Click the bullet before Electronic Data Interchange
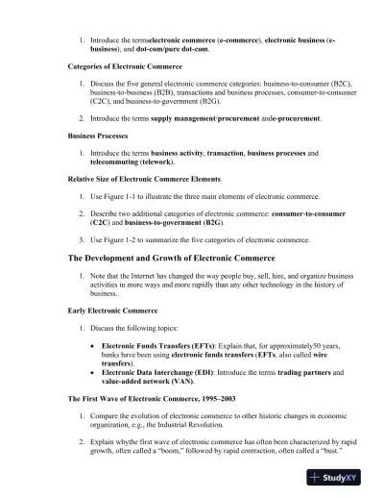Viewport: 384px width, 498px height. click(x=92, y=370)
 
